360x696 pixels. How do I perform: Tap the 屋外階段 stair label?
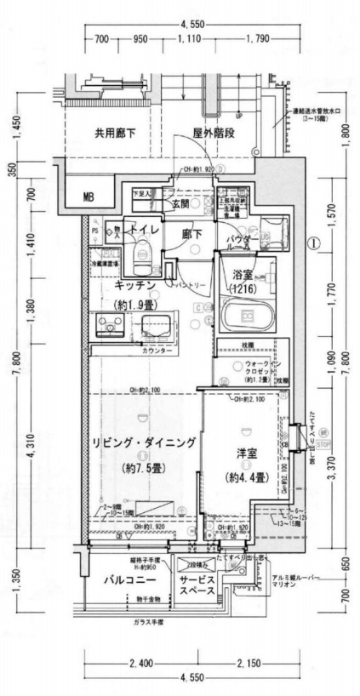pos(213,134)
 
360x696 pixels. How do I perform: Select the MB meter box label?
pos(89,197)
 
